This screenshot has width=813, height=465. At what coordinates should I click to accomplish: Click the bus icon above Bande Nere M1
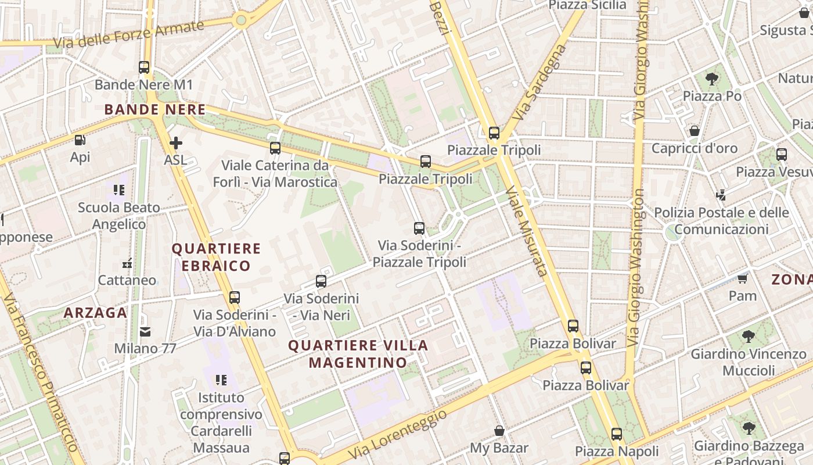click(x=144, y=67)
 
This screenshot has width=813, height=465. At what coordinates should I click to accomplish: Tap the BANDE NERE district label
click(x=155, y=109)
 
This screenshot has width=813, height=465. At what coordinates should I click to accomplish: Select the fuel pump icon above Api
click(x=80, y=140)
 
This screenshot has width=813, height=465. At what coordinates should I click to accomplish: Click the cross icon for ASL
click(x=175, y=142)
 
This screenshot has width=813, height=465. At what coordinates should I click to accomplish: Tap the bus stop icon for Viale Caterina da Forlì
click(x=275, y=148)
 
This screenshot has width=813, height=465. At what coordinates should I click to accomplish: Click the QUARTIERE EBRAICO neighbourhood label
click(x=216, y=257)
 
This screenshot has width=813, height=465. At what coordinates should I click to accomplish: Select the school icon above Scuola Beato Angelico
click(x=119, y=190)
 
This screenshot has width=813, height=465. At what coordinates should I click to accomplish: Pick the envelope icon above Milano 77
click(x=145, y=332)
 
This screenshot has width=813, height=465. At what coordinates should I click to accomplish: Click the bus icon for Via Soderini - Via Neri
click(x=321, y=282)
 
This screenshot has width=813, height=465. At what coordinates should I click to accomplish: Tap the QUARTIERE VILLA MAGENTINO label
click(x=358, y=354)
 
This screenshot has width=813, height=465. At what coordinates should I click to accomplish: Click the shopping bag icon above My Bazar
click(x=499, y=431)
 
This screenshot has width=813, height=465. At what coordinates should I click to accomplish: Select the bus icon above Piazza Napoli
click(x=617, y=434)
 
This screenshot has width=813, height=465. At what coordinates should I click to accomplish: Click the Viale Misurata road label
click(x=527, y=231)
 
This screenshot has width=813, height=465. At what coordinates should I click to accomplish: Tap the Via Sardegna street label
click(x=539, y=83)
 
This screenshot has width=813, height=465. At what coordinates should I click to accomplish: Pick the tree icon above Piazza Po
click(x=711, y=79)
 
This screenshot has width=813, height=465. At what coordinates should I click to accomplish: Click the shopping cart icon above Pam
click(x=742, y=278)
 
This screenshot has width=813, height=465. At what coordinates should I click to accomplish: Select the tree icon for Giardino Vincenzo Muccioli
click(x=749, y=336)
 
